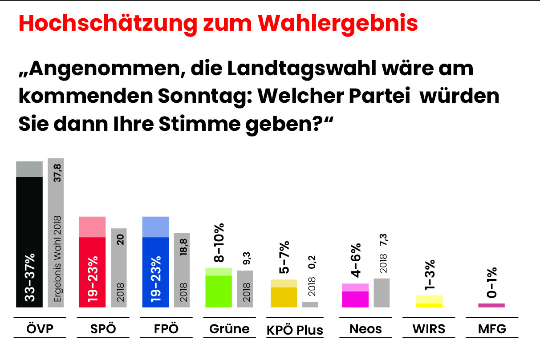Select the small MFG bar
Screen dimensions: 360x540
491,305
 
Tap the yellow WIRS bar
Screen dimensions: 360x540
429,302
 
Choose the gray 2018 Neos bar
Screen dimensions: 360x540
382,292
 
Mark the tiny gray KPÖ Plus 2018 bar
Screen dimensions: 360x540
310,304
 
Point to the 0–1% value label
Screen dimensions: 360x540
491,283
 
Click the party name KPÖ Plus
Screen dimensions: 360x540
295,330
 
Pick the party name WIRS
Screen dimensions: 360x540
429,329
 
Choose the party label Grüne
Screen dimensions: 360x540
229,329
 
